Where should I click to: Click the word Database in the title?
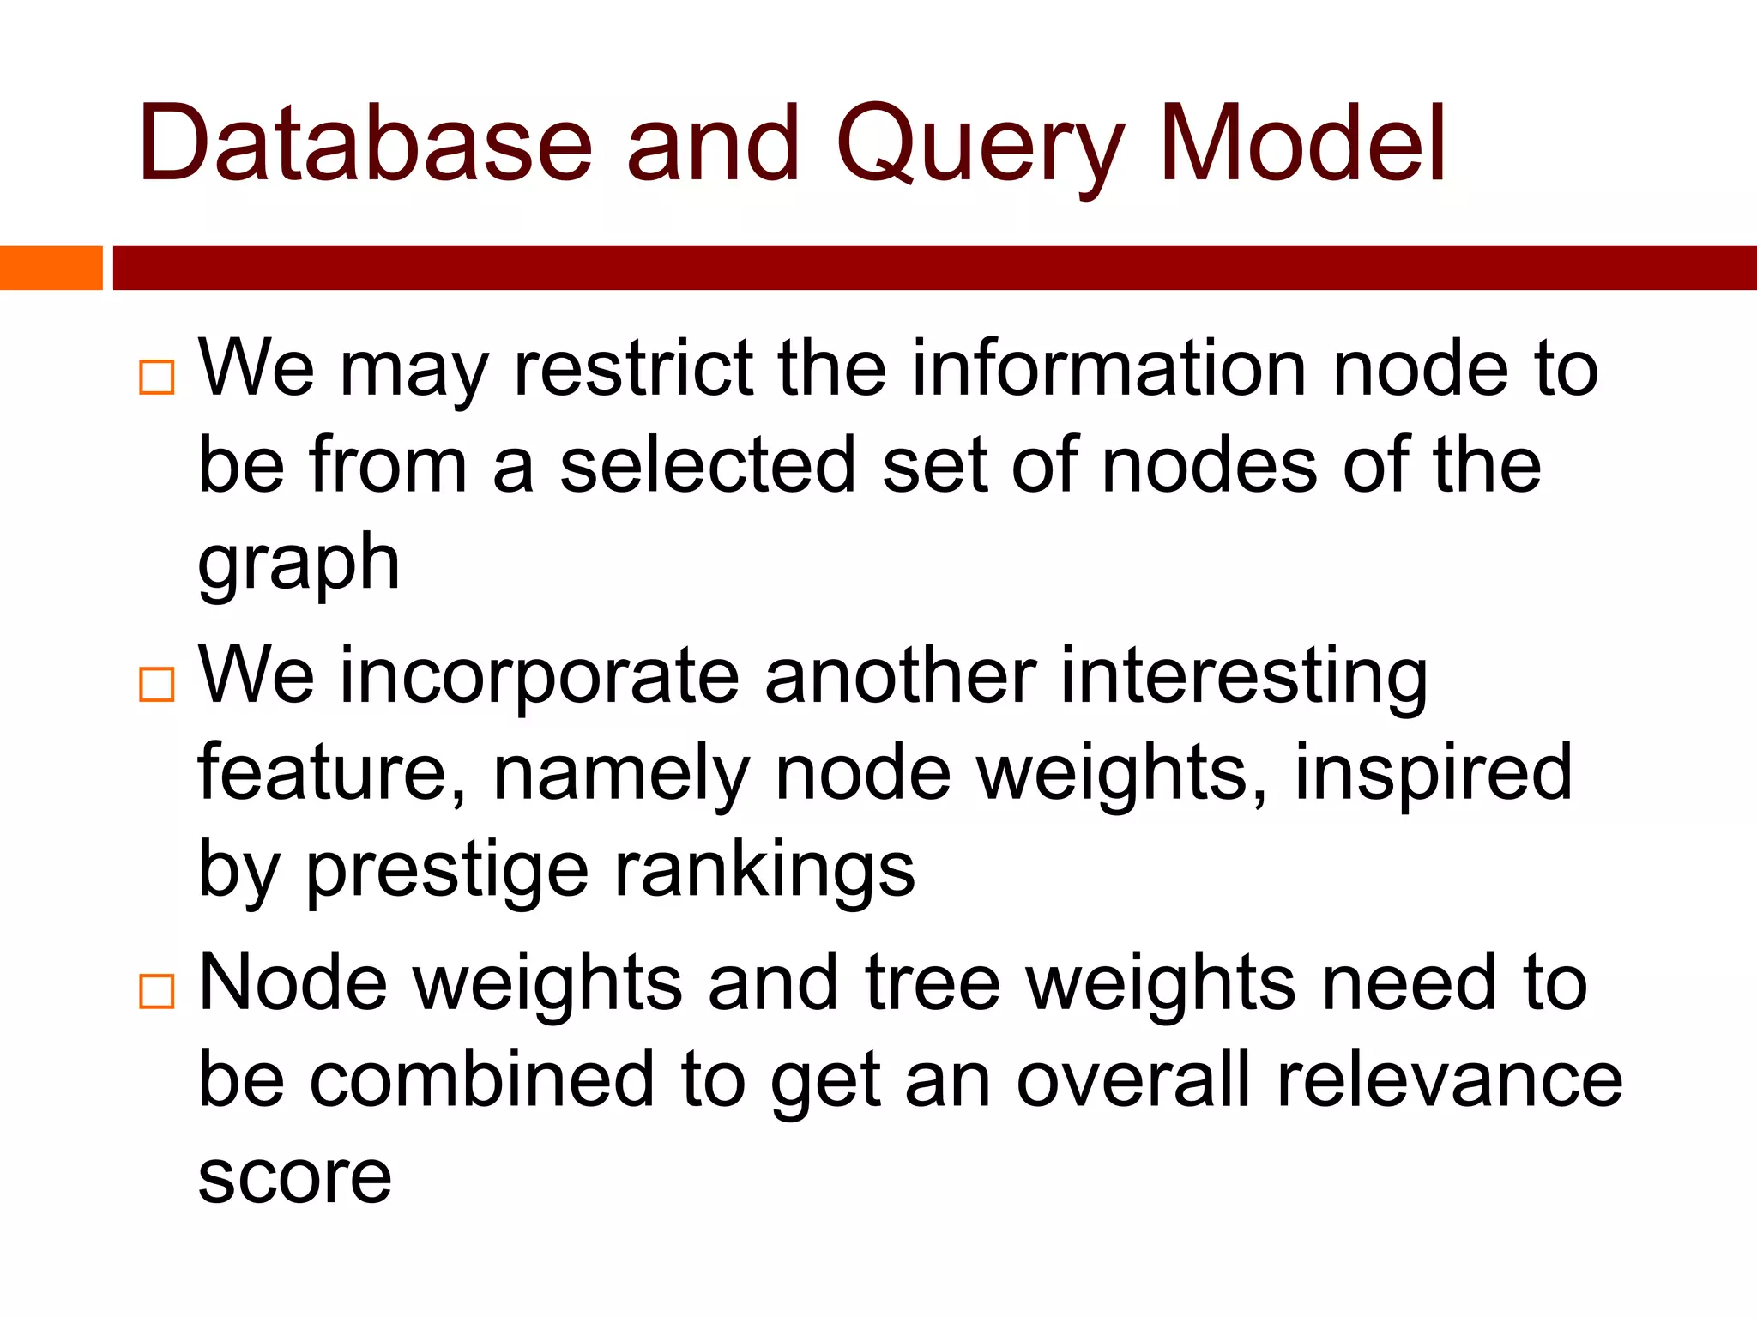click(x=365, y=143)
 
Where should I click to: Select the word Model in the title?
click(x=1302, y=143)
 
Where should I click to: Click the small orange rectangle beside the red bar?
click(x=51, y=268)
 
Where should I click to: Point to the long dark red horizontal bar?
click(x=933, y=268)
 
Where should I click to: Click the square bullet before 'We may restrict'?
click(x=156, y=377)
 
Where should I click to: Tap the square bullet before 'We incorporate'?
click(x=156, y=685)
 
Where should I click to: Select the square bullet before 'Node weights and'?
click(x=156, y=991)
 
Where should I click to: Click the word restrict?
click(x=633, y=368)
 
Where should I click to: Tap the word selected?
click(x=708, y=465)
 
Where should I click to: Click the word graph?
click(x=299, y=565)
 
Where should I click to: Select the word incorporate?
click(x=539, y=676)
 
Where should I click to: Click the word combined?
click(x=481, y=1080)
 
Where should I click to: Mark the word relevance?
click(x=1449, y=1080)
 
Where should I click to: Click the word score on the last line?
click(x=294, y=1177)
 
